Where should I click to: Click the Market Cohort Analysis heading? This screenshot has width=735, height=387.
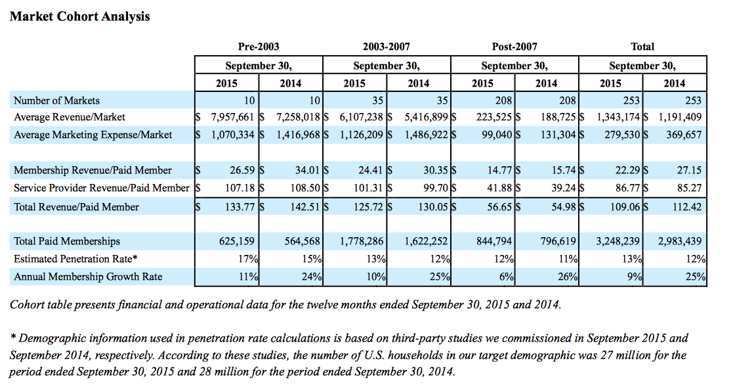click(x=79, y=16)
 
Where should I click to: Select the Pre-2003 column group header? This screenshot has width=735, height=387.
click(x=259, y=47)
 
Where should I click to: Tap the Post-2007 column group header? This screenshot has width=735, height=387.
click(x=514, y=47)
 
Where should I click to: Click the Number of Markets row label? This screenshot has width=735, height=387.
click(x=56, y=101)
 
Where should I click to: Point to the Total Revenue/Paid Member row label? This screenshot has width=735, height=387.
click(x=76, y=207)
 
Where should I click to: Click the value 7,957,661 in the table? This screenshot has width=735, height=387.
click(x=232, y=117)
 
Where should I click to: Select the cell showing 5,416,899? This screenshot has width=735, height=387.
click(x=426, y=117)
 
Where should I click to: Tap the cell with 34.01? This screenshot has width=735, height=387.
click(x=308, y=170)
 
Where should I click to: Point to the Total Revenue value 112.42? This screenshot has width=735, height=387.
click(x=687, y=207)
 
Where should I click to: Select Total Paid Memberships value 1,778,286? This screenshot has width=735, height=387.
click(x=362, y=241)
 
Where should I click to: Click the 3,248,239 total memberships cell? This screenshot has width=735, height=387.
click(x=618, y=241)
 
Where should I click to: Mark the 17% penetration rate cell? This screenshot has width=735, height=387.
click(x=247, y=259)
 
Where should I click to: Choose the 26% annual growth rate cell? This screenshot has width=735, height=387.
click(x=568, y=277)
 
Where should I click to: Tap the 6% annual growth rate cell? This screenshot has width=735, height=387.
click(x=507, y=277)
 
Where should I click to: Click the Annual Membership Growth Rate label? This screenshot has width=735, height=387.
click(x=88, y=277)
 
